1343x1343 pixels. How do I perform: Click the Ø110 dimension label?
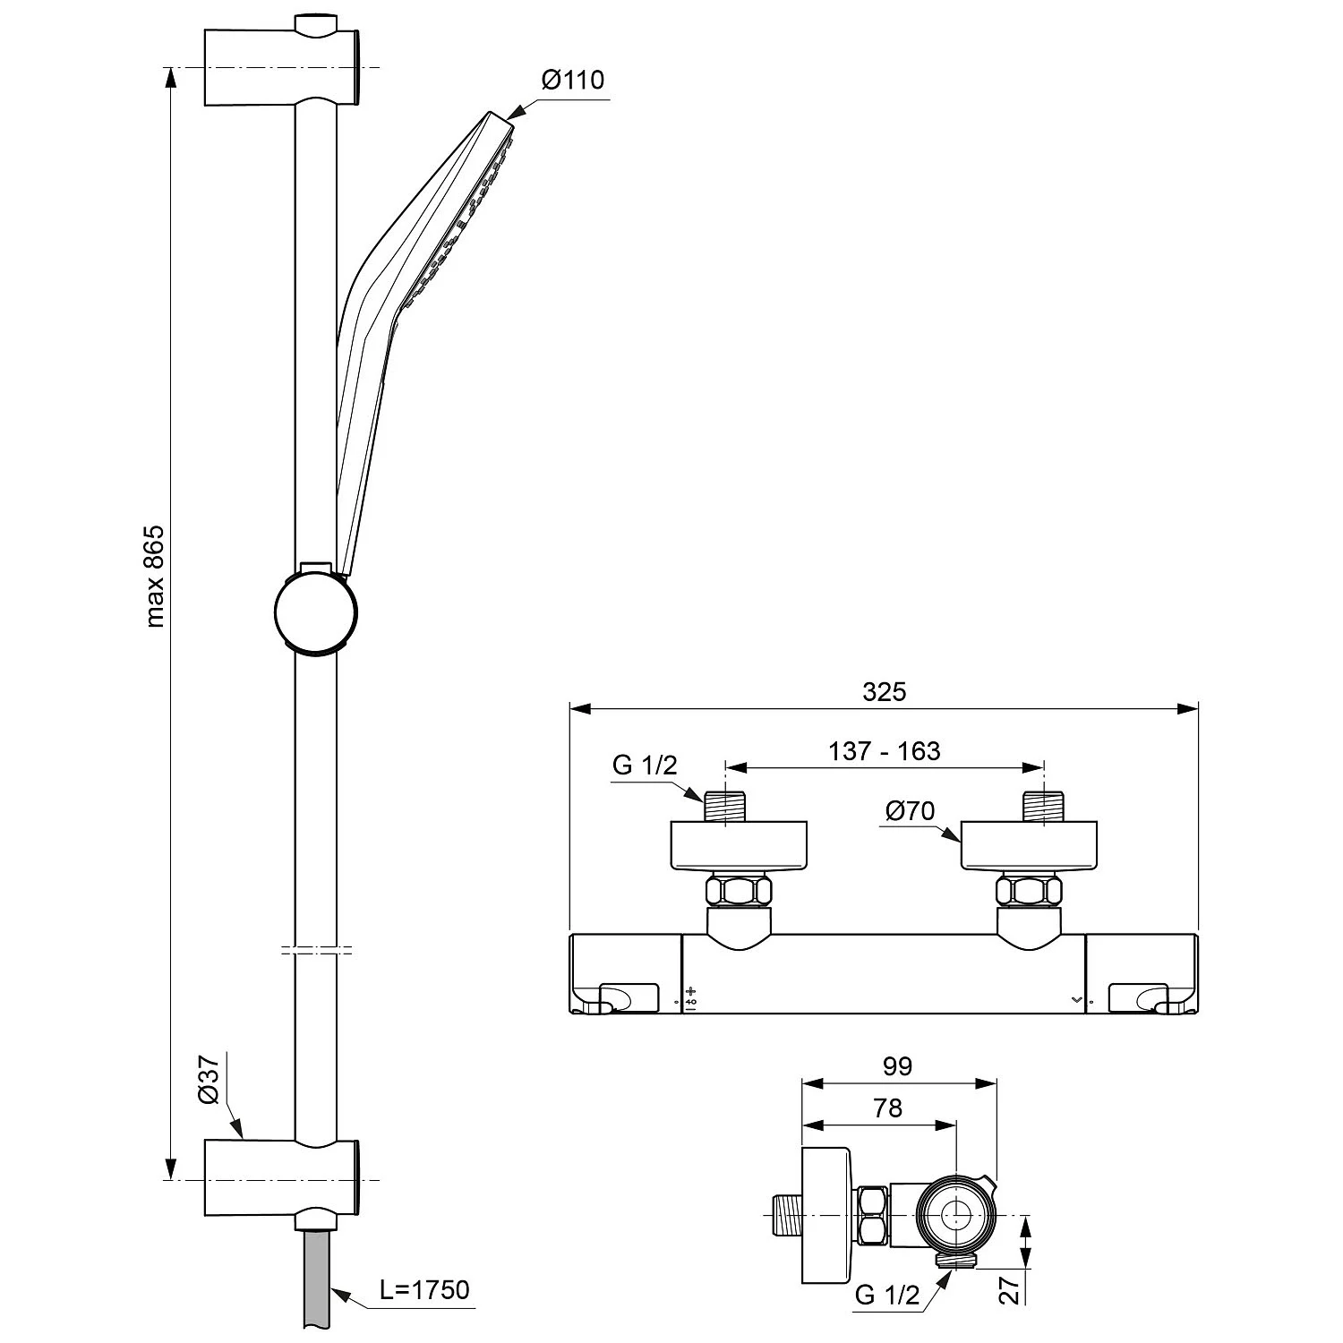[x=573, y=80]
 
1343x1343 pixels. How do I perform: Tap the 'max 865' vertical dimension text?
[x=155, y=576]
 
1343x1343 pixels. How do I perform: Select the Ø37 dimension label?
[x=207, y=1081]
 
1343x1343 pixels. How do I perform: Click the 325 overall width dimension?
[x=885, y=691]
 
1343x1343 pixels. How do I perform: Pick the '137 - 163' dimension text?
[x=885, y=750]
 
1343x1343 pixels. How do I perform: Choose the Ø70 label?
[x=910, y=811]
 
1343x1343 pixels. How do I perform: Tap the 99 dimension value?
[x=897, y=1066]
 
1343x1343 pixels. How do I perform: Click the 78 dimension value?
[x=887, y=1108]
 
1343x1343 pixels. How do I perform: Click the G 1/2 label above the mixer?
[x=645, y=766]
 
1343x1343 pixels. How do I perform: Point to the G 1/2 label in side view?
[x=887, y=1296]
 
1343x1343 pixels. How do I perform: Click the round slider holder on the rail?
[x=316, y=612]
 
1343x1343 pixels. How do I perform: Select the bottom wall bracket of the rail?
[x=282, y=1182]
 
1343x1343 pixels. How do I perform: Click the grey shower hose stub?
[x=316, y=1284]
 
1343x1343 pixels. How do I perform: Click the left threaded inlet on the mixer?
[x=723, y=806]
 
